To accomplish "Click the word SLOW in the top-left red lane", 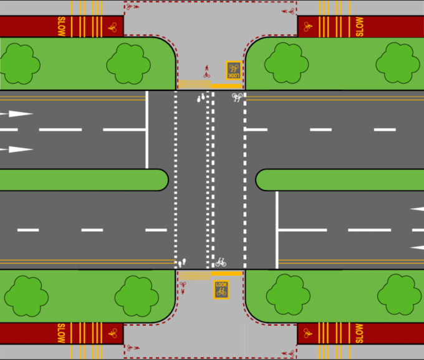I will tap(61, 27).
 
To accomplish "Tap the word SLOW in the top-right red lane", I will tap(360, 27).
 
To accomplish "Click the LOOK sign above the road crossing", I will tap(233, 70).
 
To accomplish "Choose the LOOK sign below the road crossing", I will tap(221, 289).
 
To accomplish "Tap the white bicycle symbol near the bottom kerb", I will tap(221, 262).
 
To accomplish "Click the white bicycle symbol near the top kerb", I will tap(237, 97).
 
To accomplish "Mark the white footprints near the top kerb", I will tap(201, 98).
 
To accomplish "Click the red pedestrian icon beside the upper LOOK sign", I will tap(206, 70).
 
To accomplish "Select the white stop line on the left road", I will tap(147, 130).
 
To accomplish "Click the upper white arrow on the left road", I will tap(20, 113).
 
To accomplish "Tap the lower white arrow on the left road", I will tap(20, 149).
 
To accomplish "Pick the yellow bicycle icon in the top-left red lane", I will tap(112, 27).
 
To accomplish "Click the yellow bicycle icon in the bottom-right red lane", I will tap(308, 333).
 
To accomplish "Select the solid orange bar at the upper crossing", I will tap(226, 86).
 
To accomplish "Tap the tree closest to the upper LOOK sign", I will tap(286, 62).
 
